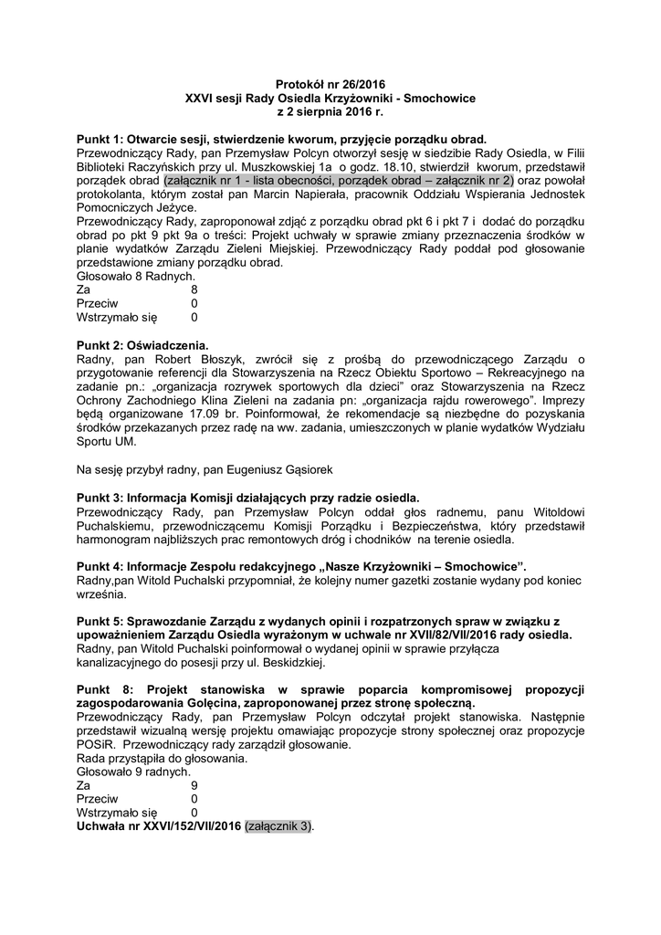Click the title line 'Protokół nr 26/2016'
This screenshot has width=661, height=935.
(x=330, y=83)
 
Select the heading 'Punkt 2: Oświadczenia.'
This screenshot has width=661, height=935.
(x=143, y=345)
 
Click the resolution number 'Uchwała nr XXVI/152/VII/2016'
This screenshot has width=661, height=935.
(x=160, y=825)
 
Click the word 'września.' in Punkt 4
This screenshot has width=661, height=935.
(x=101, y=594)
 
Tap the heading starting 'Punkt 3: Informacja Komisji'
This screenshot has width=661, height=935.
(x=248, y=498)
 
